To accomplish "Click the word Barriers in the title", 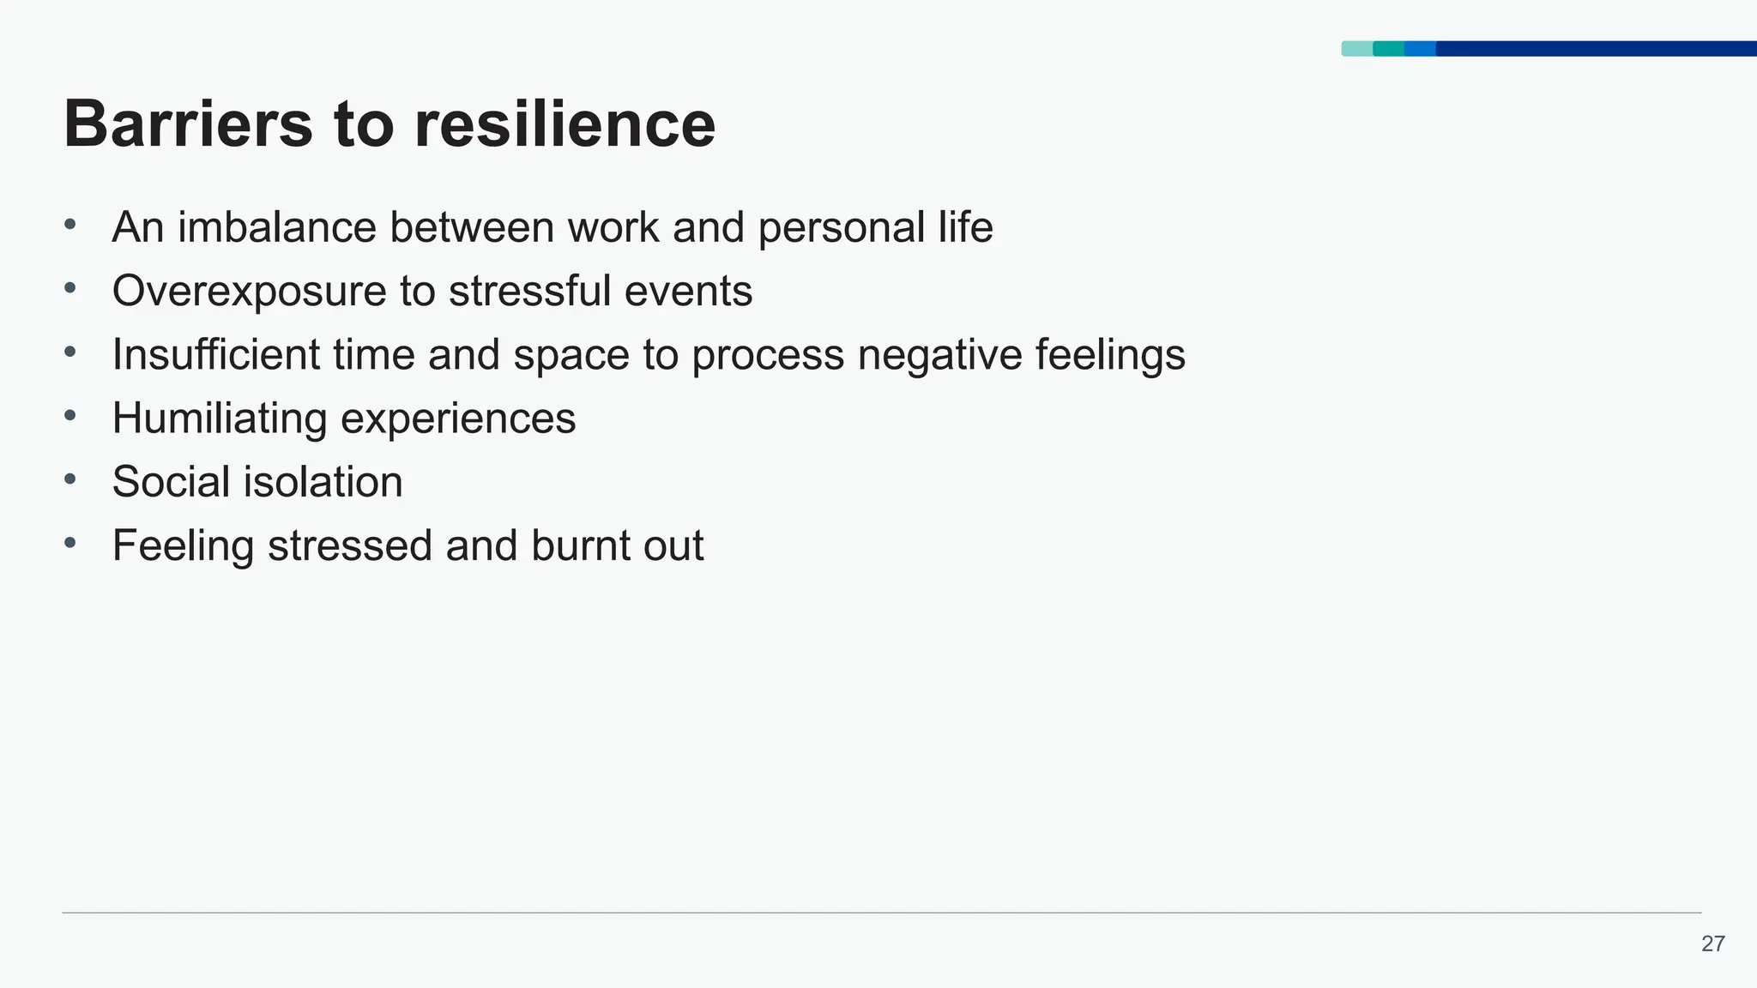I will pos(188,124).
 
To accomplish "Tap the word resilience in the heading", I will pos(565,124).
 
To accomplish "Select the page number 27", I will pos(1712,944).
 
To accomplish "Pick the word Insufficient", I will pos(216,354).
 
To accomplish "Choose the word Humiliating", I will pos(220,419).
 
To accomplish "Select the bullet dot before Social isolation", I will pos(70,479).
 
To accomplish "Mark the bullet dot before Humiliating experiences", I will pos(70,415).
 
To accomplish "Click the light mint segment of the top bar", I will pos(1356,49).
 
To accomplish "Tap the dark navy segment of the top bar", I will pos(1596,49).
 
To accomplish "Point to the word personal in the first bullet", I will pos(841,228).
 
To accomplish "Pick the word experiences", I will pos(458,419).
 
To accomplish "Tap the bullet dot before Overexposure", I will pos(70,288).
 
